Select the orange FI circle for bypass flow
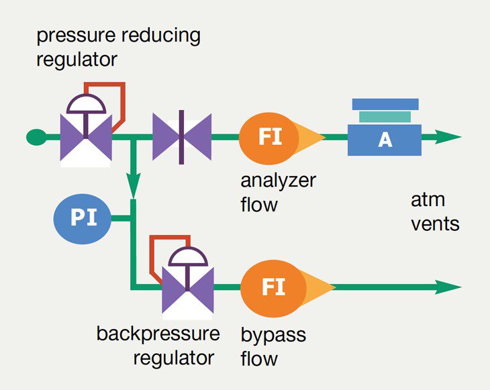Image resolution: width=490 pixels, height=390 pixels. pos(272,287)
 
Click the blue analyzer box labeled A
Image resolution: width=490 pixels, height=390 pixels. pos(385,140)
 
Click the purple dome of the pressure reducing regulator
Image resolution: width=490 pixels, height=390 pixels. pos(87,103)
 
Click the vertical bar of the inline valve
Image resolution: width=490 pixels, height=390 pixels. pos(181,138)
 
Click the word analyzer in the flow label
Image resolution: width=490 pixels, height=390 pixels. pos(278,181)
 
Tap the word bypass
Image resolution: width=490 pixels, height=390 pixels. pos(274,334)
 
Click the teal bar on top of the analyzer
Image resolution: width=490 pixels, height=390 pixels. pos(385,117)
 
